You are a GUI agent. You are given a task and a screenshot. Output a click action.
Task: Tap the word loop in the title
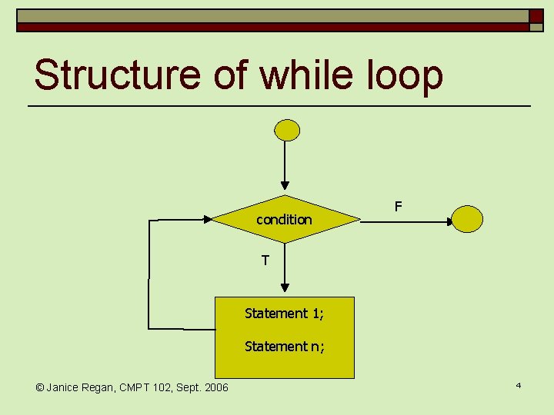point(410,76)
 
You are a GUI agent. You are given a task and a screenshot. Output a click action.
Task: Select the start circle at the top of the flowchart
point(288,130)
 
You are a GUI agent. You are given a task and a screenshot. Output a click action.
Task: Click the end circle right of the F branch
point(467,219)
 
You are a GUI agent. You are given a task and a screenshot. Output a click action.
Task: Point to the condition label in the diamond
point(284,220)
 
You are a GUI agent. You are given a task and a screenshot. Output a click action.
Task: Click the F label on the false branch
point(398,206)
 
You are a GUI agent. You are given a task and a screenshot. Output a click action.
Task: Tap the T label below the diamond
point(265,261)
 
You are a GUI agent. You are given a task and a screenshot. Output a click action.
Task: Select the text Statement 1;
point(284,314)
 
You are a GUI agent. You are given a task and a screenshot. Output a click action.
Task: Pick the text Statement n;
point(284,347)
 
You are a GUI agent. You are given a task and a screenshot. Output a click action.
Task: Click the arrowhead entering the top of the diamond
point(285,185)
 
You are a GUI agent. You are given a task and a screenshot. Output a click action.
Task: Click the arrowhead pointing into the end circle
point(451,222)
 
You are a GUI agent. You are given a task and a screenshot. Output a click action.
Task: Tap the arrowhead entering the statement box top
point(285,288)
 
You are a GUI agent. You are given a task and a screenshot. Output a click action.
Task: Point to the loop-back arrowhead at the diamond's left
point(208,219)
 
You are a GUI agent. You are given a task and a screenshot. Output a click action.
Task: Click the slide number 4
point(519,384)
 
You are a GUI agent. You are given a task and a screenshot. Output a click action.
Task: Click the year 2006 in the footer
point(215,387)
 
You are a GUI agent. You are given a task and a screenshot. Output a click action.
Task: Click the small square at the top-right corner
point(536,15)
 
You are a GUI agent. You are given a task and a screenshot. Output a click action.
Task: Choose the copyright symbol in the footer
point(40,387)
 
